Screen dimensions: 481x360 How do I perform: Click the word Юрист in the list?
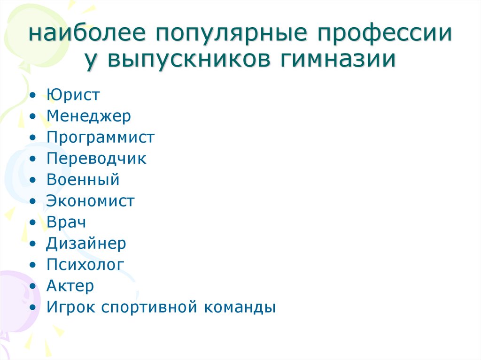(73, 94)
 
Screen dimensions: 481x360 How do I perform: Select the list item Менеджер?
(89, 116)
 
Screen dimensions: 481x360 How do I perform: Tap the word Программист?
(101, 138)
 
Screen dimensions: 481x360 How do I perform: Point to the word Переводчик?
(96, 159)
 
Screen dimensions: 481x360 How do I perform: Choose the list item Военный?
(83, 179)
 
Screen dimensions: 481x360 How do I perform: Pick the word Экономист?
(90, 201)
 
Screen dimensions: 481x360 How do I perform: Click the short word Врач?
(66, 222)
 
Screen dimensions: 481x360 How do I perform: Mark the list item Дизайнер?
(86, 244)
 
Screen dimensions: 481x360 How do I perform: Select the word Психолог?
(85, 265)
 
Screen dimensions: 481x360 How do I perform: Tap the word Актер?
(70, 286)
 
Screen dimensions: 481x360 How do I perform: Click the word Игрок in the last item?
(71, 307)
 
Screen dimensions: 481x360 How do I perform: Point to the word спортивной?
(149, 307)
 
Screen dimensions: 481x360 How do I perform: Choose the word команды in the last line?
(240, 307)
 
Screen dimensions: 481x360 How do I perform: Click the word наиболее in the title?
(87, 33)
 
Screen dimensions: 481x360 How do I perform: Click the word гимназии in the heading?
(338, 59)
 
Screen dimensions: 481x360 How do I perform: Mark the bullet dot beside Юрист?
(32, 95)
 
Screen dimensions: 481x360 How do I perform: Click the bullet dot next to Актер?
(32, 286)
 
